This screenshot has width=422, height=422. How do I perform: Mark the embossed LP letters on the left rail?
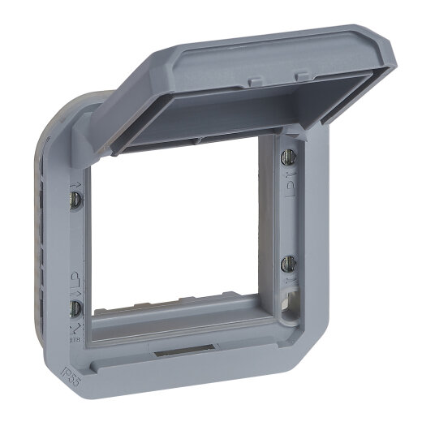click(75, 276)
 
